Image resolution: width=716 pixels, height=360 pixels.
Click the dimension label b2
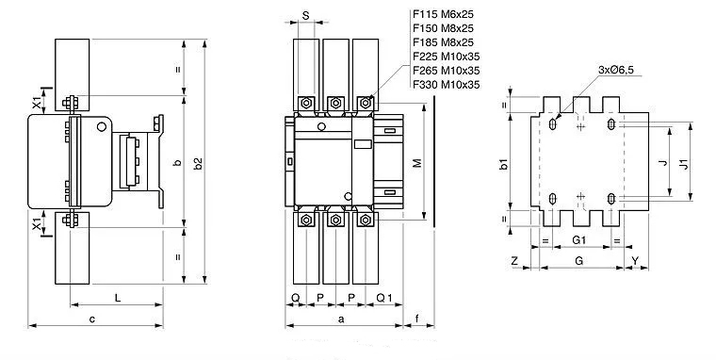(197, 164)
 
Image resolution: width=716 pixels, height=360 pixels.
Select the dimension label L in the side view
(118, 299)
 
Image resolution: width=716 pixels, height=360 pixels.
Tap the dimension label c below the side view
(92, 319)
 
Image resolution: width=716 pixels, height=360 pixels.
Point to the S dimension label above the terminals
(306, 15)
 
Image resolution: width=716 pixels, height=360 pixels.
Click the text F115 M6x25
(443, 14)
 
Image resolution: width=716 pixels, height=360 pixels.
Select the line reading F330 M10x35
(447, 85)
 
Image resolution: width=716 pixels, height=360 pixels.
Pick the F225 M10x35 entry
(447, 57)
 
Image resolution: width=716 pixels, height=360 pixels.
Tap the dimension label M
(417, 163)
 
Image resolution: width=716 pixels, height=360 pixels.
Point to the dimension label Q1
(384, 298)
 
